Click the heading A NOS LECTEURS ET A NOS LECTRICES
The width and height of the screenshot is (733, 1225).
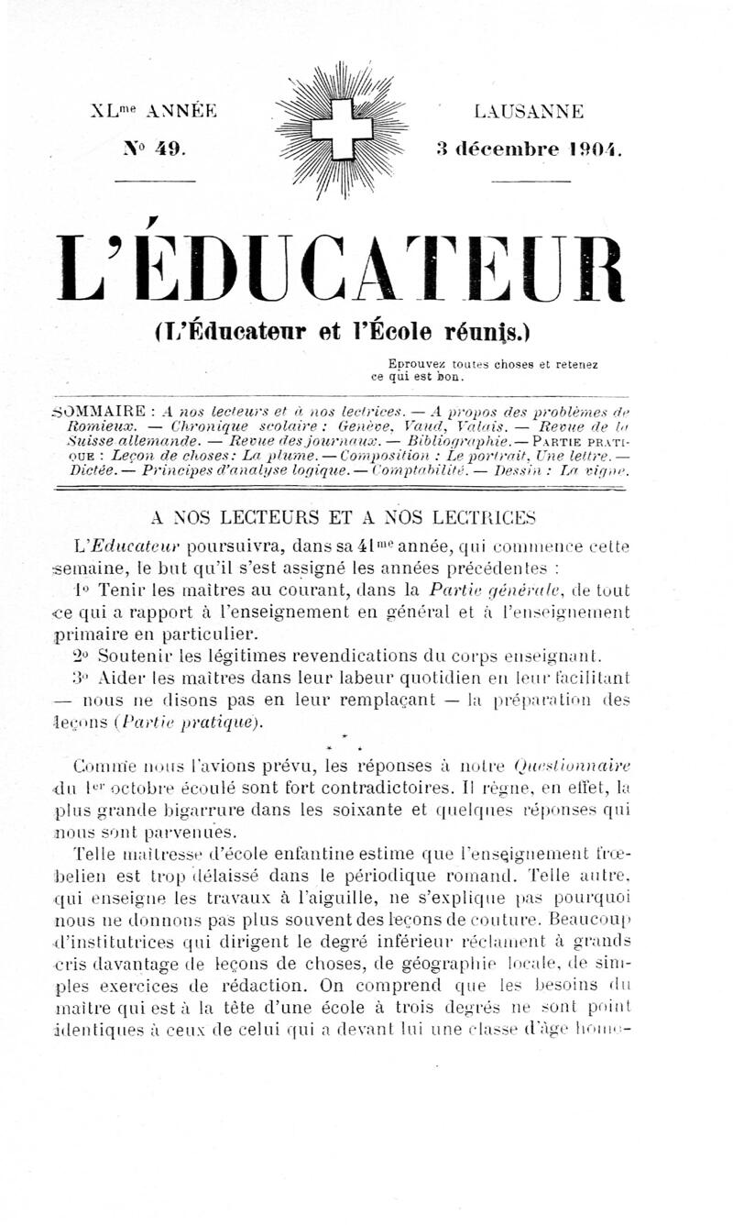click(x=341, y=515)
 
